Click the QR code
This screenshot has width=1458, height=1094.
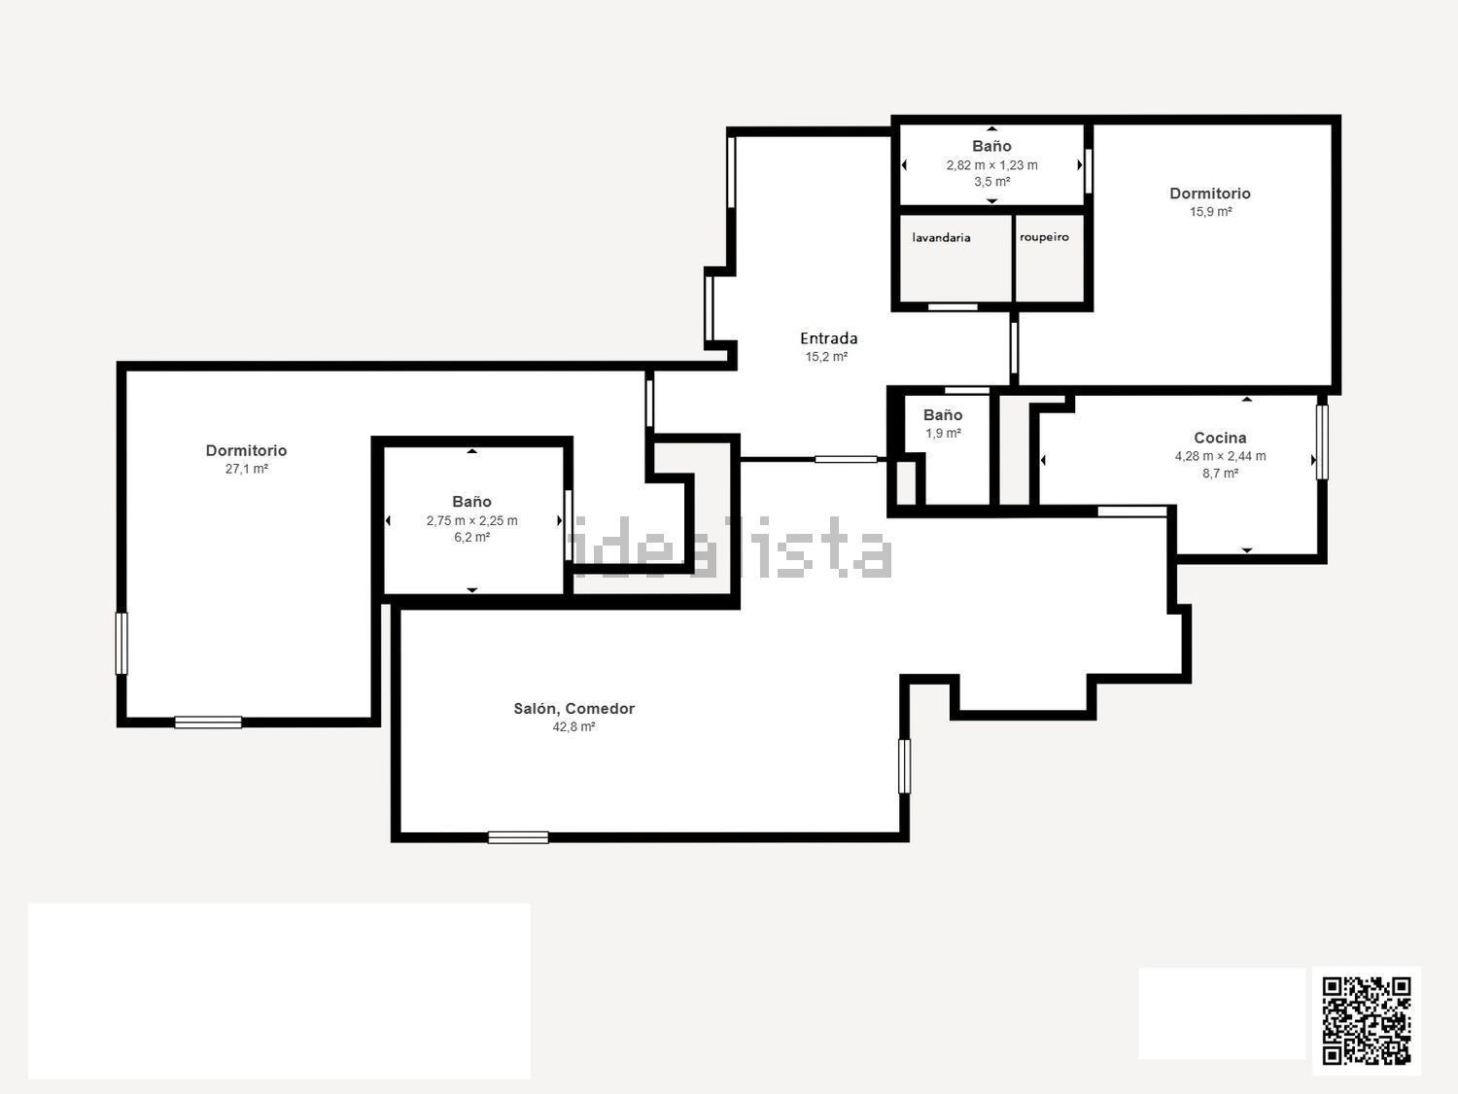click(x=1367, y=1021)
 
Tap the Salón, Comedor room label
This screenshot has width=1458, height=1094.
click(x=573, y=709)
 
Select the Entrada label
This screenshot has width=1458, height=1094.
click(x=828, y=338)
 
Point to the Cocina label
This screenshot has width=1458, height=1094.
click(x=1220, y=438)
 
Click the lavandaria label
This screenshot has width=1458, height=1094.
click(x=941, y=237)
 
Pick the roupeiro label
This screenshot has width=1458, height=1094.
click(x=1044, y=237)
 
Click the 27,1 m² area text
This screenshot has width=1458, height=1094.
click(x=247, y=469)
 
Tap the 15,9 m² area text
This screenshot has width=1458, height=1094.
click(x=1210, y=212)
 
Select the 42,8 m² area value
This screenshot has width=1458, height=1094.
click(x=573, y=726)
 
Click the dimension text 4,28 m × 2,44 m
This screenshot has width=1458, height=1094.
click(x=1220, y=456)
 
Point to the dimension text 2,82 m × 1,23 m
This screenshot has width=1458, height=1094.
click(x=991, y=165)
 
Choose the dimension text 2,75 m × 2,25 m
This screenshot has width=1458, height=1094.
click(x=471, y=521)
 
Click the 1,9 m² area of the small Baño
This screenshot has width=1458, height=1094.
click(x=943, y=433)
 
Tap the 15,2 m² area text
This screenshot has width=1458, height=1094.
click(x=826, y=357)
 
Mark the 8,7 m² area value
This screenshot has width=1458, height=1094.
click(x=1220, y=474)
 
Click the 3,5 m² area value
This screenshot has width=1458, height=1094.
click(x=991, y=182)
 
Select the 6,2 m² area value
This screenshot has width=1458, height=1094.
click(x=471, y=538)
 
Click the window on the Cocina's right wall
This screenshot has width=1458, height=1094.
click(x=1322, y=441)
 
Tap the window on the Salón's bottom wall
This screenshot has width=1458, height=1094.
click(x=518, y=837)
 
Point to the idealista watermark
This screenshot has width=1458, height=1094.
click(x=731, y=547)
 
